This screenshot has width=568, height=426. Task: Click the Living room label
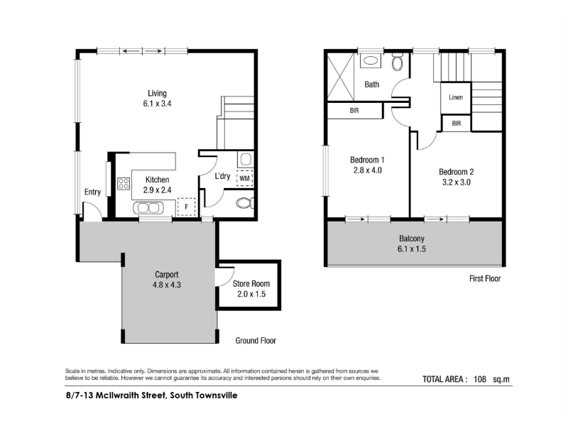click(x=157, y=94)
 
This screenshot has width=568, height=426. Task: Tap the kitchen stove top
click(x=124, y=184)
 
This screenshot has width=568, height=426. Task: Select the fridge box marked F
click(x=187, y=207)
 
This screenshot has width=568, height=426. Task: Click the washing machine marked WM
click(x=244, y=178)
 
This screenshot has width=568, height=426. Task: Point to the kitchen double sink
click(x=148, y=208)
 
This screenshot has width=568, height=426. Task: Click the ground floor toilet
click(x=246, y=203)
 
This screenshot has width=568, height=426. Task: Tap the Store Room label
click(x=251, y=283)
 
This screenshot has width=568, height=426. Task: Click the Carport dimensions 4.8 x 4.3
click(x=167, y=285)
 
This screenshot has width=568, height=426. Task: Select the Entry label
click(x=92, y=192)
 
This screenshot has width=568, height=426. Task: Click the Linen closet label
click(x=456, y=97)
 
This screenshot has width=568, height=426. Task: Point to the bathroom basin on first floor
click(x=370, y=60)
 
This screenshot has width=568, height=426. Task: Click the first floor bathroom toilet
click(x=398, y=62)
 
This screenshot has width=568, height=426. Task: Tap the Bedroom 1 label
click(x=367, y=160)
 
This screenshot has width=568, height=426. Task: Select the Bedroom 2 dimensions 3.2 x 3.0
click(x=456, y=182)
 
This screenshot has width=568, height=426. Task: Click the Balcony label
click(x=412, y=239)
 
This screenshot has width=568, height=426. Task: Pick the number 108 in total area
click(x=480, y=379)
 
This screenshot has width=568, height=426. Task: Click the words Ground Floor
click(x=256, y=341)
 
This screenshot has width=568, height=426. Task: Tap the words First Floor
click(x=485, y=278)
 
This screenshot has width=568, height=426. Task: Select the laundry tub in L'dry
click(x=246, y=158)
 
